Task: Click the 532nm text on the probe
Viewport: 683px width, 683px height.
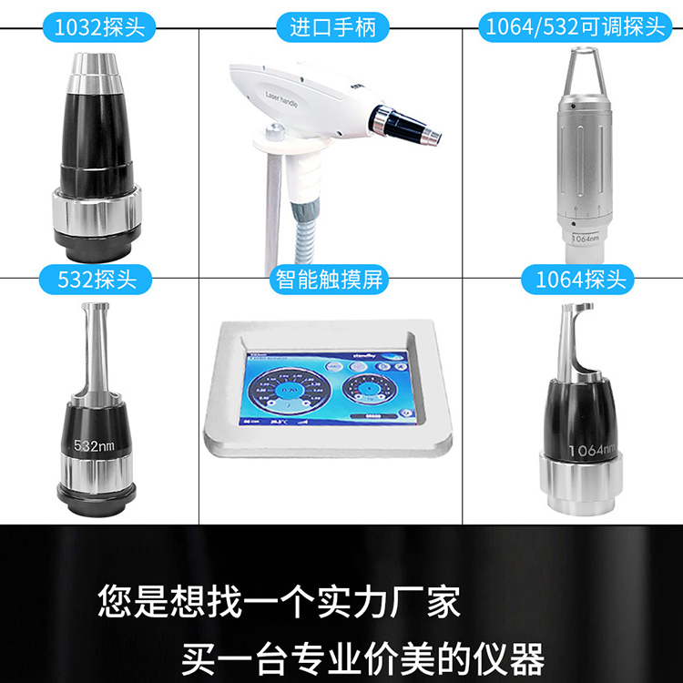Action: [94, 446]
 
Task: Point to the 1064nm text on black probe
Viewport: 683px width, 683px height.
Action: [591, 449]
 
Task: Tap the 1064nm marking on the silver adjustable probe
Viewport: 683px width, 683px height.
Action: [584, 238]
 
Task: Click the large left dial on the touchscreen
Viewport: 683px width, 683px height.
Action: [289, 392]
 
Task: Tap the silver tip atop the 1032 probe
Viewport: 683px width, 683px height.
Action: [98, 66]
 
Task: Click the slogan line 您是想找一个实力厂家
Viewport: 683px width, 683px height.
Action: [279, 602]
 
